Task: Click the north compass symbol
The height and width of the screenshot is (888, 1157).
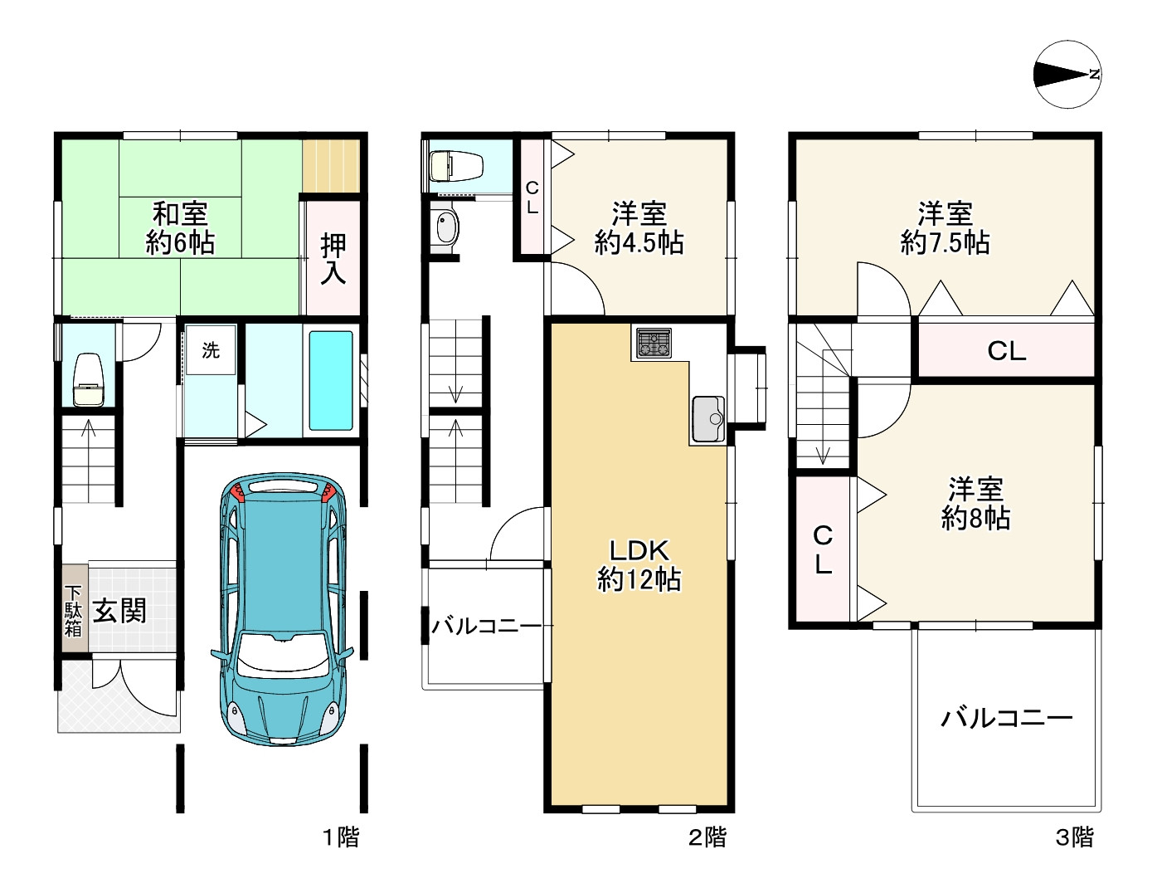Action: pos(1067,75)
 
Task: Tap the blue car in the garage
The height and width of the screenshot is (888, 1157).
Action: pos(283,608)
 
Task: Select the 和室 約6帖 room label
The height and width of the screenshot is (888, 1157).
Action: pos(180,228)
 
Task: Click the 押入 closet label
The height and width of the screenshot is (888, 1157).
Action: pos(333,260)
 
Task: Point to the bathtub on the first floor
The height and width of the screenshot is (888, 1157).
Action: pos(331,380)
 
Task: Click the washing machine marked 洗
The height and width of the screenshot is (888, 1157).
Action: pos(211,350)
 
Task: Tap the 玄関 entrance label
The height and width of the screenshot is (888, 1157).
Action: pos(119,611)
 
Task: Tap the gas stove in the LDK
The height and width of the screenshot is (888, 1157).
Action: pos(654,343)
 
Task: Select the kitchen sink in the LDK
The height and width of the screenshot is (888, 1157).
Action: pos(708,419)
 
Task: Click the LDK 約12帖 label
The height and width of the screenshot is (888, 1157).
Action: pos(639,565)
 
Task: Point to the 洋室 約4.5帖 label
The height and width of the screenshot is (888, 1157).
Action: pos(639,228)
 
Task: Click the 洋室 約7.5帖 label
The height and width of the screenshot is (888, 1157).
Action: pos(945,228)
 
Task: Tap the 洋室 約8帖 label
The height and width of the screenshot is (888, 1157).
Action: pos(975,504)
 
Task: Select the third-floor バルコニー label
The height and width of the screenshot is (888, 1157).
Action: pos(1006,720)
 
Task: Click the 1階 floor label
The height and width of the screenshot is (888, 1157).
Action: pos(342,837)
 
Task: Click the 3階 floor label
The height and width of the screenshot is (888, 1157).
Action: pos(1075,837)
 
